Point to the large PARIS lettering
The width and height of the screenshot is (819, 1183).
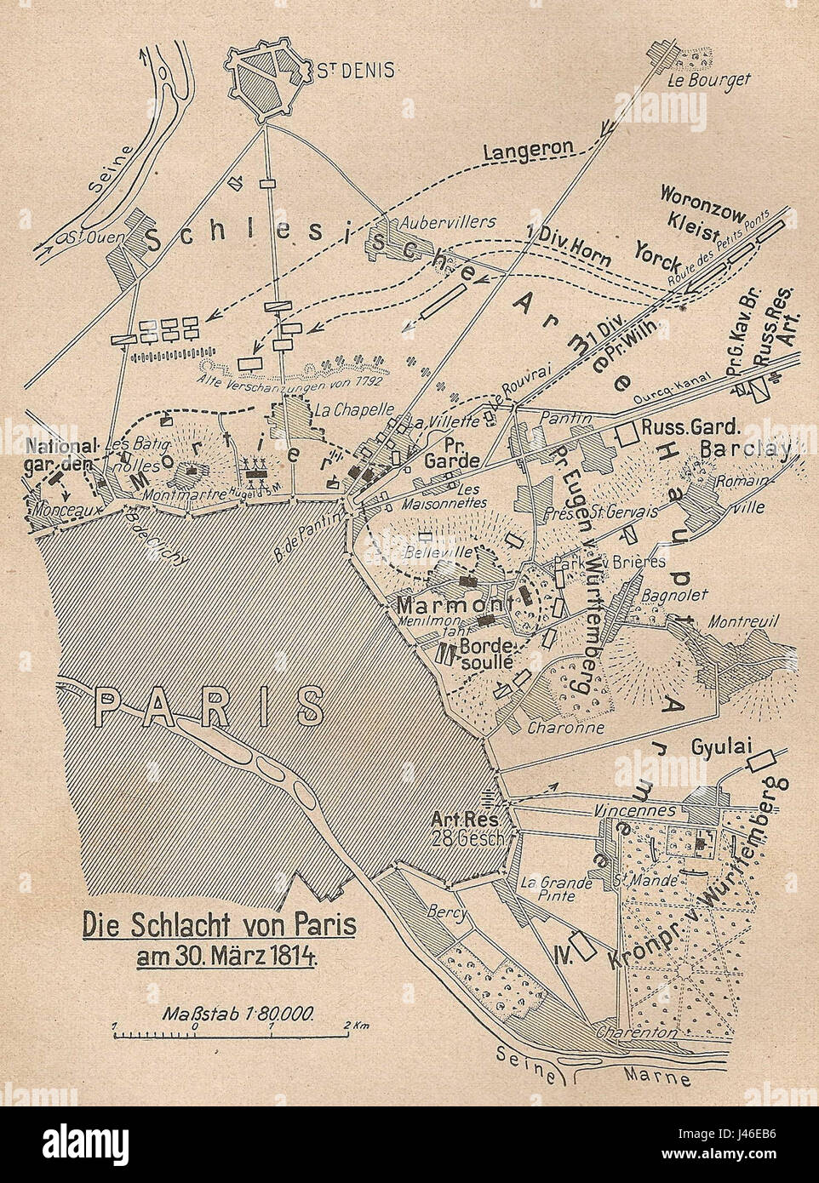[208, 706]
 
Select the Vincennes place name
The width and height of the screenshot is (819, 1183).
[635, 810]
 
